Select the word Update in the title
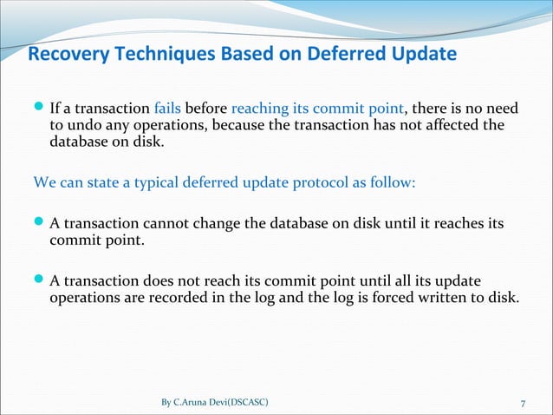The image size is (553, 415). tap(423, 56)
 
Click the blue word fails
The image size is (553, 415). tap(166, 109)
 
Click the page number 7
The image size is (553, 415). tap(523, 402)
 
